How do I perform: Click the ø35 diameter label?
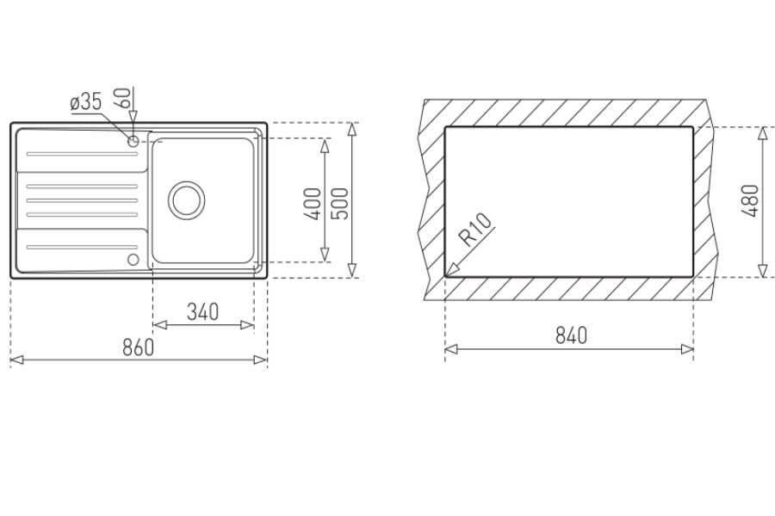[86, 102]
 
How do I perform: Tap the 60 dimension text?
[123, 98]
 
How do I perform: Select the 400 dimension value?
[313, 204]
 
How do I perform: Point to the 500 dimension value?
[340, 204]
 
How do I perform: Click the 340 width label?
[202, 311]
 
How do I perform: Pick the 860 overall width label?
[139, 347]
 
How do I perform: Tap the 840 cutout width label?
[572, 335]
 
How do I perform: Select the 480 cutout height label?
[750, 200]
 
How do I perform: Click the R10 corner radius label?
[476, 230]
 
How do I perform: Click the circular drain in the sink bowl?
[187, 200]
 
